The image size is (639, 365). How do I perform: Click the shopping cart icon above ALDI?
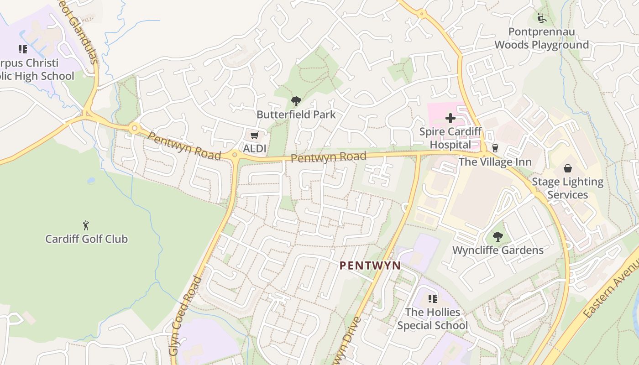254,136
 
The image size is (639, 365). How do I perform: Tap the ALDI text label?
255,148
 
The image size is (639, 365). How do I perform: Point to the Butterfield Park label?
296,115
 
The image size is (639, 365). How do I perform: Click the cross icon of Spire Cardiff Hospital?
450,119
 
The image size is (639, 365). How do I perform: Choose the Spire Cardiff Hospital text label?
450,138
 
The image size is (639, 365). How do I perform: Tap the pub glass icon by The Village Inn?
495,149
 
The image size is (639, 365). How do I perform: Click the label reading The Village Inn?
495,162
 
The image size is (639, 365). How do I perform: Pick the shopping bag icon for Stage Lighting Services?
567,169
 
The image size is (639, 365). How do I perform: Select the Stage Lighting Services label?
567,188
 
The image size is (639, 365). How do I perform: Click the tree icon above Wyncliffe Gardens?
498,237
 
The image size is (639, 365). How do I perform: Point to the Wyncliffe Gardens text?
498,250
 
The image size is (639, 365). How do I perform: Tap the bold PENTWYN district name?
370,266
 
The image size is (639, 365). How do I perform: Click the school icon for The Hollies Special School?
432,299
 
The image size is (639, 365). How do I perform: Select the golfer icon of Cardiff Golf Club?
86,225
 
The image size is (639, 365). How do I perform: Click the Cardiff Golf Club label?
86,239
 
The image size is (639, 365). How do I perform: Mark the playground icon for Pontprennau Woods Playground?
542,18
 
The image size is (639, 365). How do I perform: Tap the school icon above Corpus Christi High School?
22,49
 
